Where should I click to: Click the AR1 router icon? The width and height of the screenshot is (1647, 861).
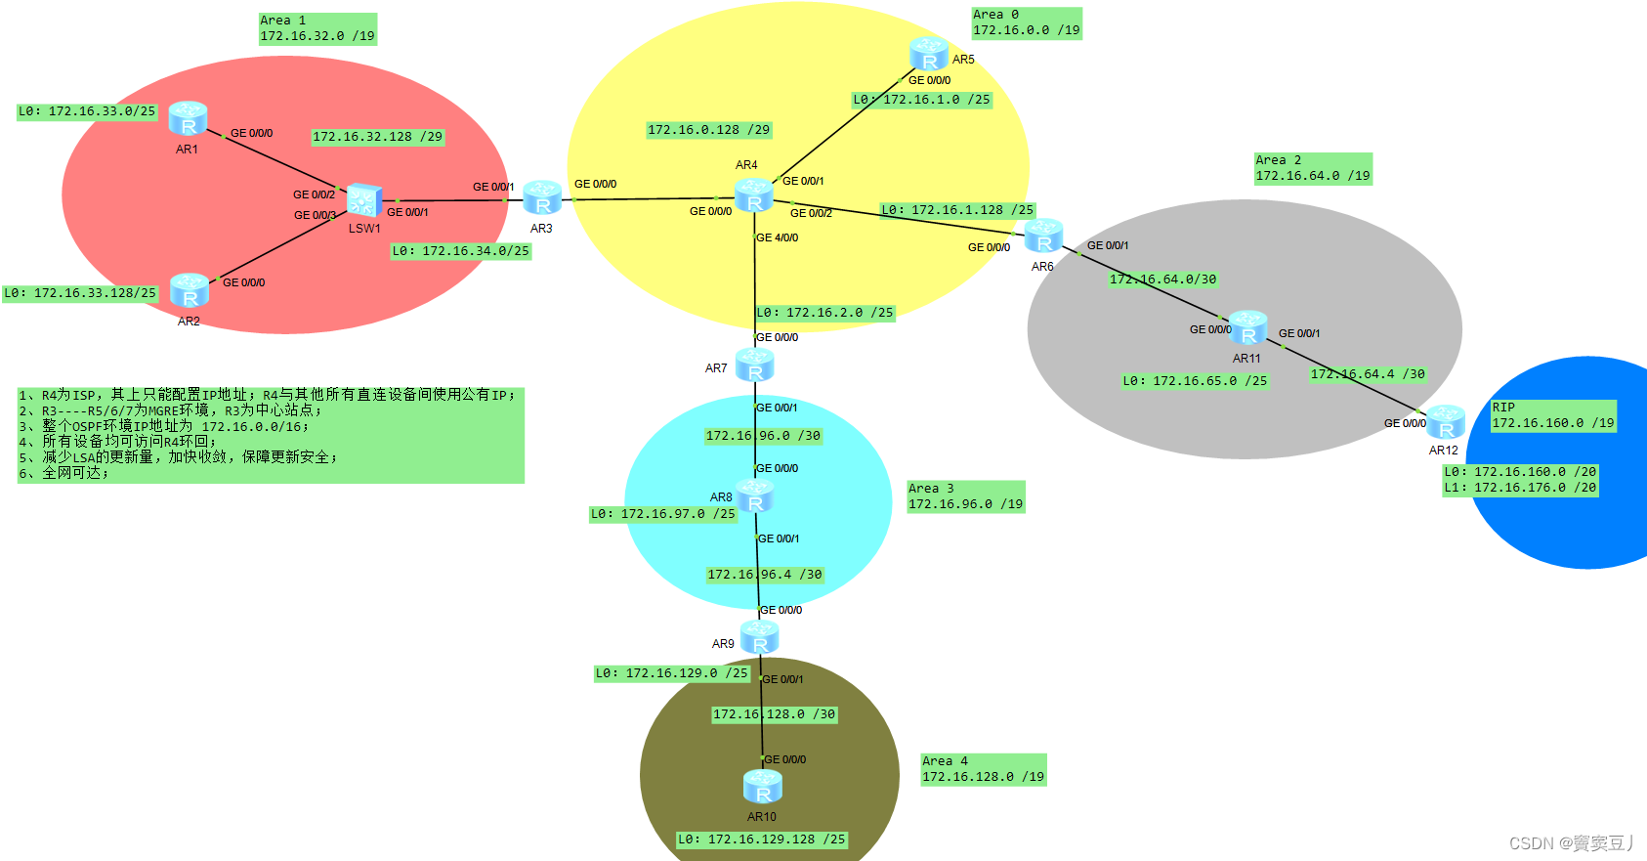188,118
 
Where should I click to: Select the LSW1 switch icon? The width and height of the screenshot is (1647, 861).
363,200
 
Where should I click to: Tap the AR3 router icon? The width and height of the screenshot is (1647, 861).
542,197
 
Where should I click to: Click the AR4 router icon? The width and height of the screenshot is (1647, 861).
754,195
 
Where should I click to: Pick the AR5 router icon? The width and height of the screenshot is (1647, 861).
928,54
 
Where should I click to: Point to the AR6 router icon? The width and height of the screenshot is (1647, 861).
1043,237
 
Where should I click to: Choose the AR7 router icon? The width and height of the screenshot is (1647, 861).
754,366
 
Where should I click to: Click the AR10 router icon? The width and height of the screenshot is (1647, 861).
762,787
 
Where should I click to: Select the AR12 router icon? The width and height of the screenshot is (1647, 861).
1445,422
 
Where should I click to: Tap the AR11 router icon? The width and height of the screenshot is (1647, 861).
1247,328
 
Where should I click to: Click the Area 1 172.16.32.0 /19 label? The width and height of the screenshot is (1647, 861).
317,28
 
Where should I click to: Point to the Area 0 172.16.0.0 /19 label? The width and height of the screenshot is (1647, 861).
1026,22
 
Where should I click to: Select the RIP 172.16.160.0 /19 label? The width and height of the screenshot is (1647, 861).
1552,415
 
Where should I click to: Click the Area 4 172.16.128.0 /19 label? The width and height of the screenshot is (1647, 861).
983,769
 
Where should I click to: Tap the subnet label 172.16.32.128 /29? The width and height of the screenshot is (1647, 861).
377,137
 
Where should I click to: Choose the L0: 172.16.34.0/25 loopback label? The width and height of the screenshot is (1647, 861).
460,251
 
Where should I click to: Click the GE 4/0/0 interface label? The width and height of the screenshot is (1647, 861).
778,237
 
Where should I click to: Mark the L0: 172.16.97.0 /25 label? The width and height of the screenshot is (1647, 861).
662,514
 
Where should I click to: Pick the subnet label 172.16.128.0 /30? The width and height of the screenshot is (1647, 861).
774,714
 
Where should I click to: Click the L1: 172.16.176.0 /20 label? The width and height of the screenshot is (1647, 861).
1520,488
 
